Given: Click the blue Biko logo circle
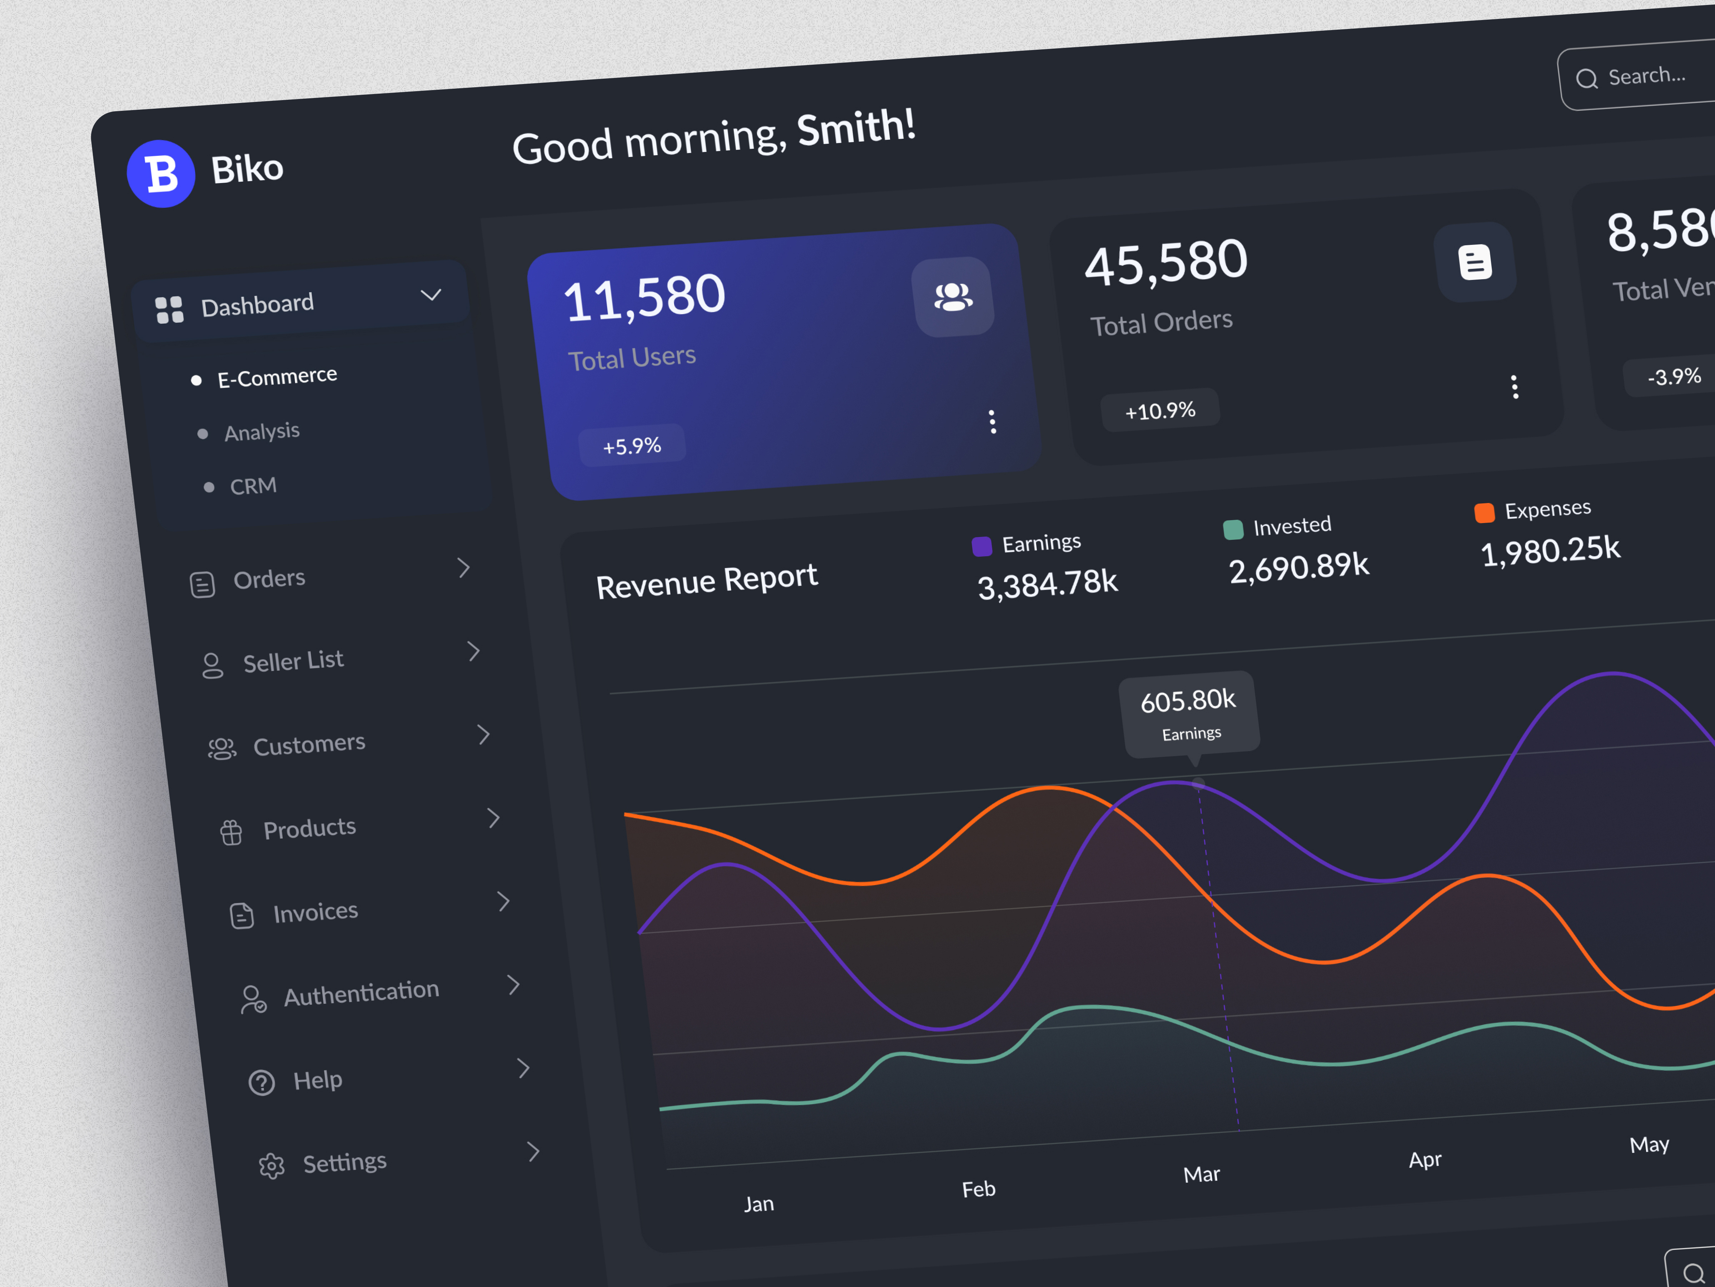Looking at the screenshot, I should tap(160, 174).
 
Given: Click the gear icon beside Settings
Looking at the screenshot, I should tap(271, 1166).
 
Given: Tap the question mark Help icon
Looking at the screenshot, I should tap(261, 1082).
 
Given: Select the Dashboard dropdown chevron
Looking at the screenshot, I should tap(431, 295).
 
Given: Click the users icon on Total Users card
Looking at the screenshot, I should tap(953, 296).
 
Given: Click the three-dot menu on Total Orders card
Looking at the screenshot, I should tap(1514, 386).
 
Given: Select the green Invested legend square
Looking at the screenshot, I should tap(1233, 530).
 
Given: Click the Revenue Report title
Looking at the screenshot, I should tap(706, 581).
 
